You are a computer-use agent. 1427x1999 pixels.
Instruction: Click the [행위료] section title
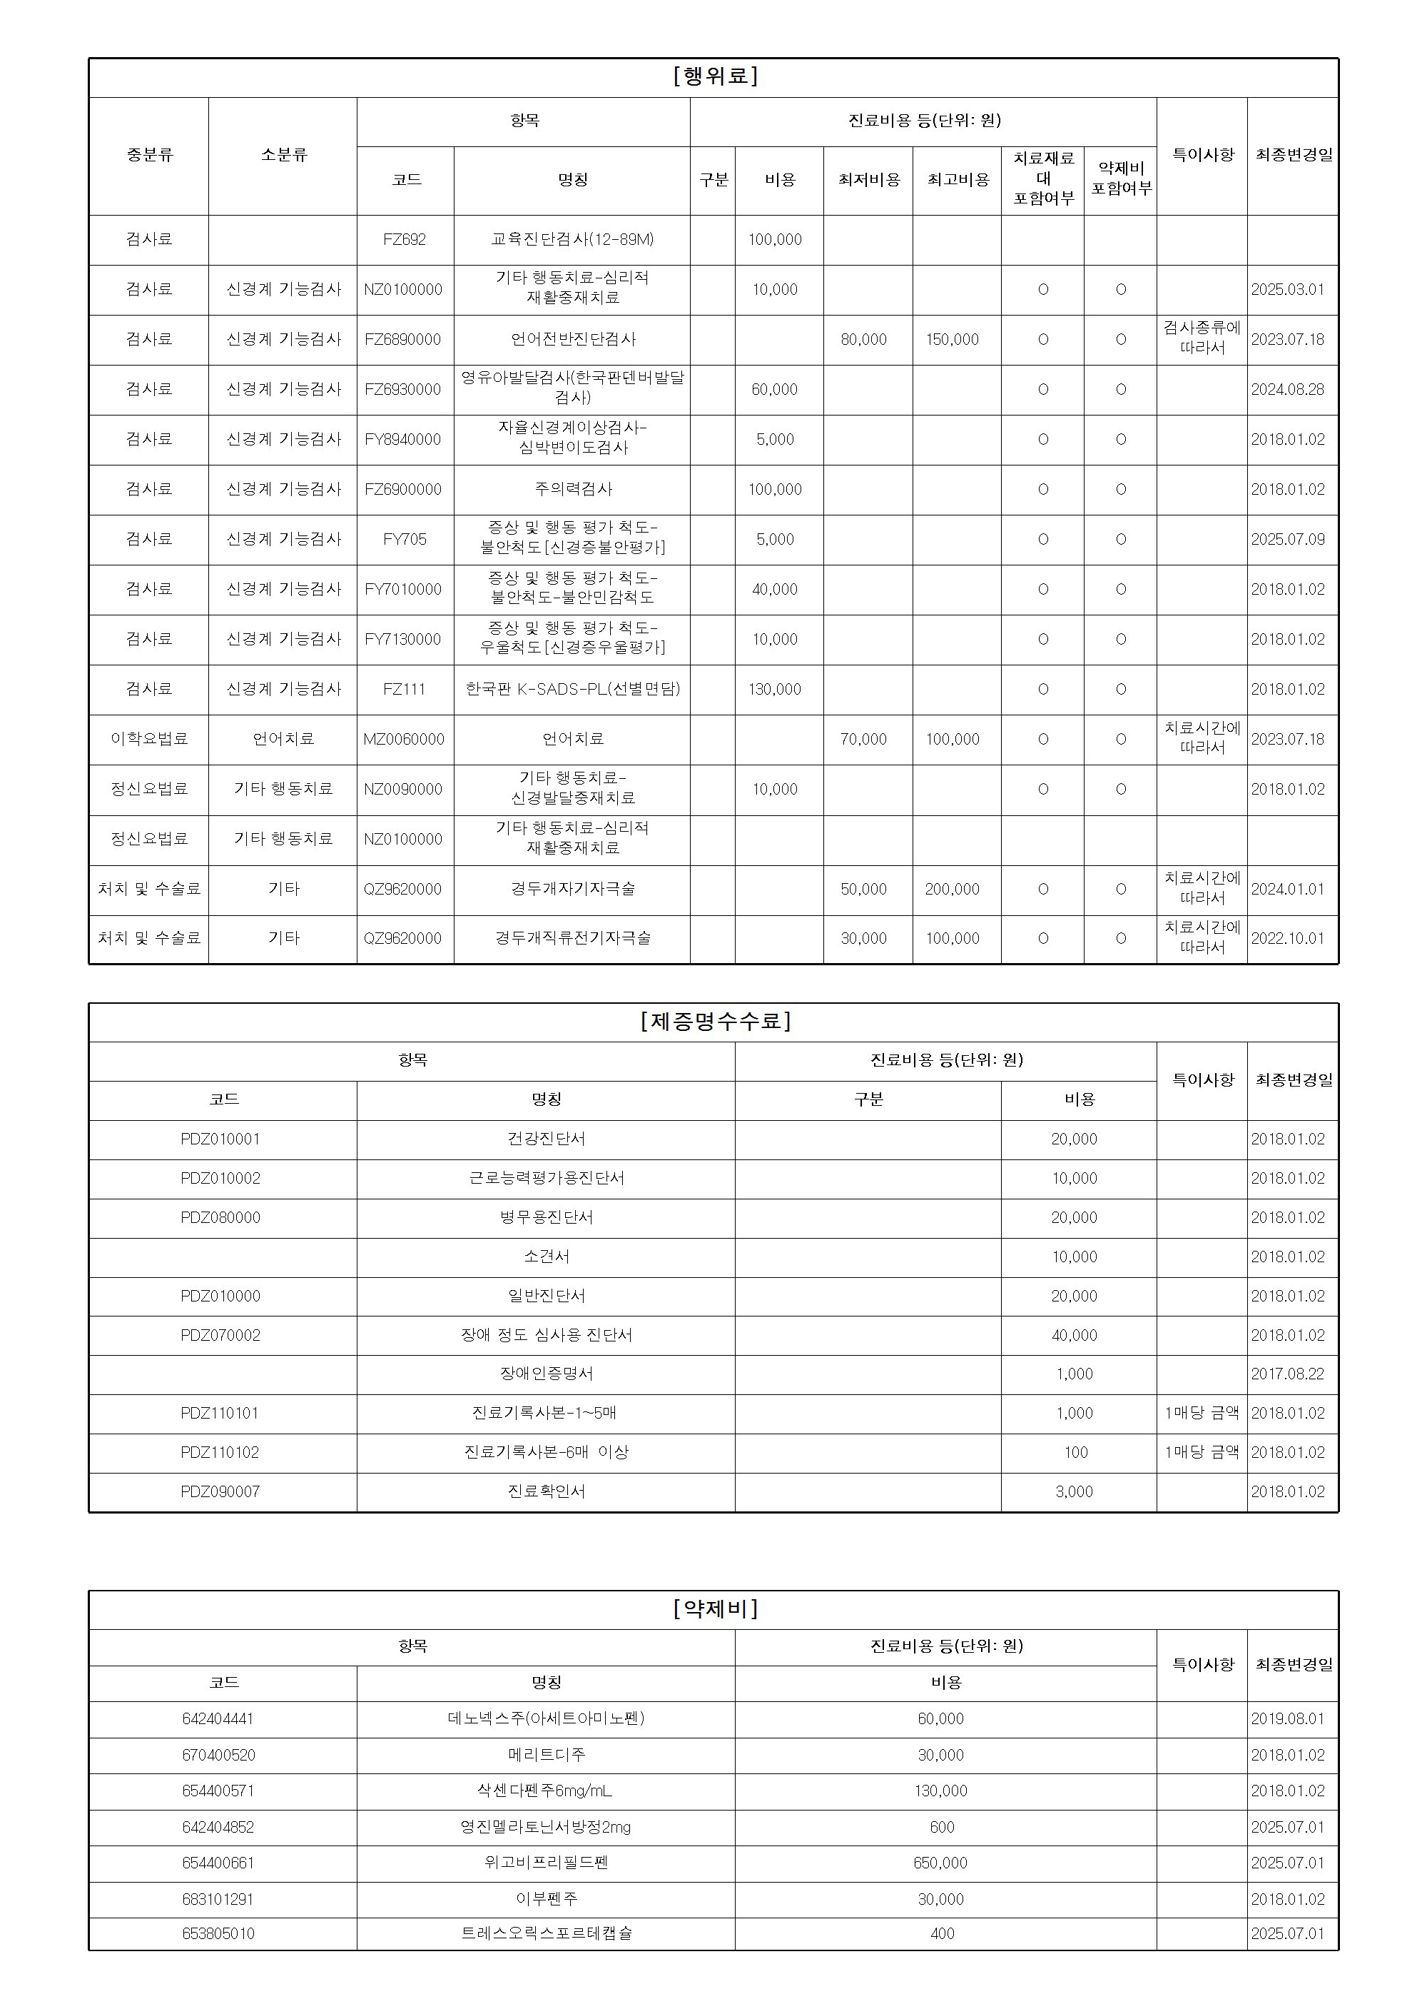pos(714,76)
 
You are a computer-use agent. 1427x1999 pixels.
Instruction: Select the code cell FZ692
pos(405,240)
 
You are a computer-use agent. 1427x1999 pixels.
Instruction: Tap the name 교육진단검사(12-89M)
pos(572,240)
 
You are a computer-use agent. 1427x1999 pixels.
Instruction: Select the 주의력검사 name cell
pos(573,490)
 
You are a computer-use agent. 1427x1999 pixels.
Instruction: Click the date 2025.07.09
pos(1287,540)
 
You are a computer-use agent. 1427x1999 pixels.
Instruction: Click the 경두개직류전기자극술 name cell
pos(573,939)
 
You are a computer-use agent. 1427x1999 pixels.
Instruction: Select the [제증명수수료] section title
pos(714,1022)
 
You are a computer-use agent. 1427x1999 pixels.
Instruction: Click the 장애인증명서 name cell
pos(547,1374)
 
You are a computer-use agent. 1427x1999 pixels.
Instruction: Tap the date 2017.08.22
pos(1287,1374)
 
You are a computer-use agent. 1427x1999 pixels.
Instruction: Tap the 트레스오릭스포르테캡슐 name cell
pos(547,1933)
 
